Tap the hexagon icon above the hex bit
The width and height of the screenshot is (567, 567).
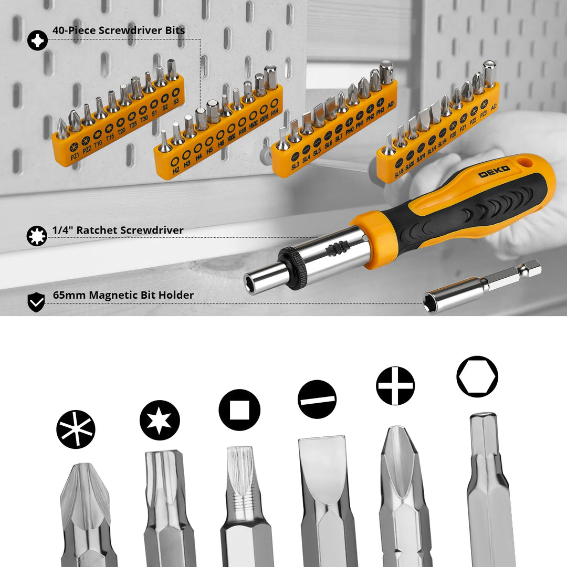coord(477,376)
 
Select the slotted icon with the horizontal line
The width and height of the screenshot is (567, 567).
coord(317,399)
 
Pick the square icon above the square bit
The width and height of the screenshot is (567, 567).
coord(239,410)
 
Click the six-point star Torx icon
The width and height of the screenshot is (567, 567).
coord(160,420)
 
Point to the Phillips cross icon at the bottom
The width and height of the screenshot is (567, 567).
coord(395,386)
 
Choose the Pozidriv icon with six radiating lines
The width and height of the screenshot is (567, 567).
coord(76,429)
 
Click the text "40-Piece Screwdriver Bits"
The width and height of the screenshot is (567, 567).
coord(119,30)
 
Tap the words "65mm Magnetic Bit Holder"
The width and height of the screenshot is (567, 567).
coord(123,295)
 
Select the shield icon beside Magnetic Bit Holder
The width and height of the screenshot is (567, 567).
coord(36,302)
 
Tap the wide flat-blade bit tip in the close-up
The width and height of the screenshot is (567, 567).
coord(322,462)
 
